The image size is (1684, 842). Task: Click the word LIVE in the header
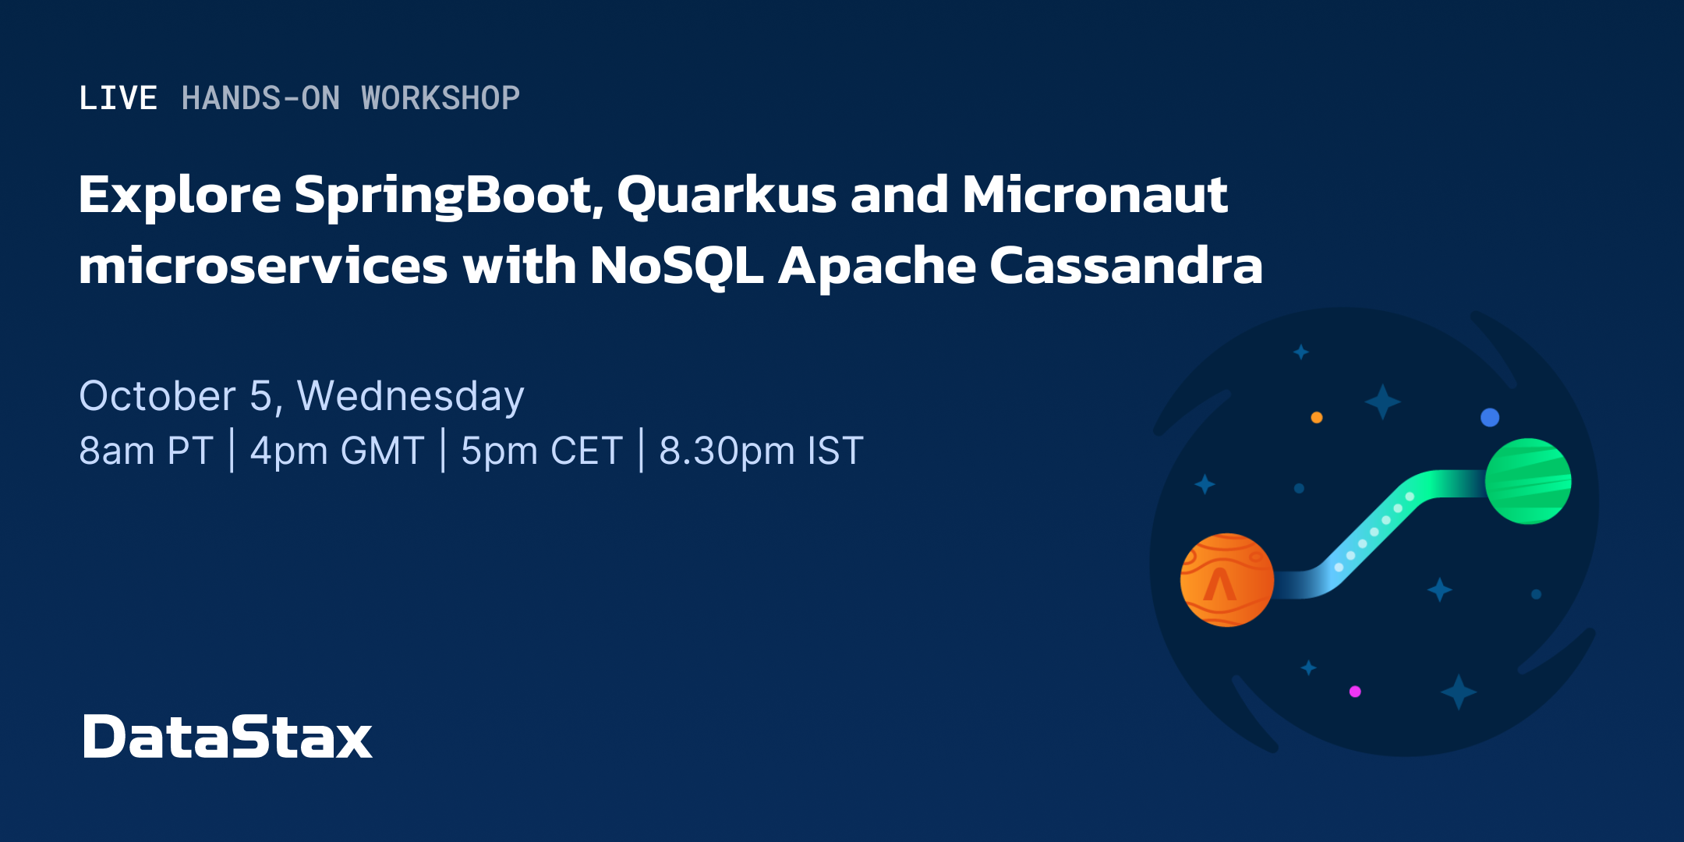(x=119, y=98)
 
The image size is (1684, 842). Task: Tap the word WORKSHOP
(x=440, y=98)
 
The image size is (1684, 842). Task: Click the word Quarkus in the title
(x=727, y=196)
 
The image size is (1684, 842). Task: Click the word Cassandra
(x=1126, y=265)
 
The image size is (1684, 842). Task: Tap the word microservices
(x=264, y=265)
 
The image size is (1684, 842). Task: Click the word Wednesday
(x=411, y=397)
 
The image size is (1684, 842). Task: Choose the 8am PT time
(x=147, y=451)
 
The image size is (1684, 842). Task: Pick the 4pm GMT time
(x=337, y=451)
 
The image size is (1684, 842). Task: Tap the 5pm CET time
(x=542, y=451)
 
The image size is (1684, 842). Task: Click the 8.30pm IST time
(x=762, y=451)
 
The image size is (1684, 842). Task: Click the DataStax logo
(x=228, y=737)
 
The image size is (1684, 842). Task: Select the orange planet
(x=1227, y=580)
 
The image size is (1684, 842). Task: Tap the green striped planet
(x=1528, y=481)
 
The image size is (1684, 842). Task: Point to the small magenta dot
(x=1355, y=692)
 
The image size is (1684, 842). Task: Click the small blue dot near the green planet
(x=1490, y=417)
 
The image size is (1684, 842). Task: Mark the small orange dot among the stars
(x=1317, y=417)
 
